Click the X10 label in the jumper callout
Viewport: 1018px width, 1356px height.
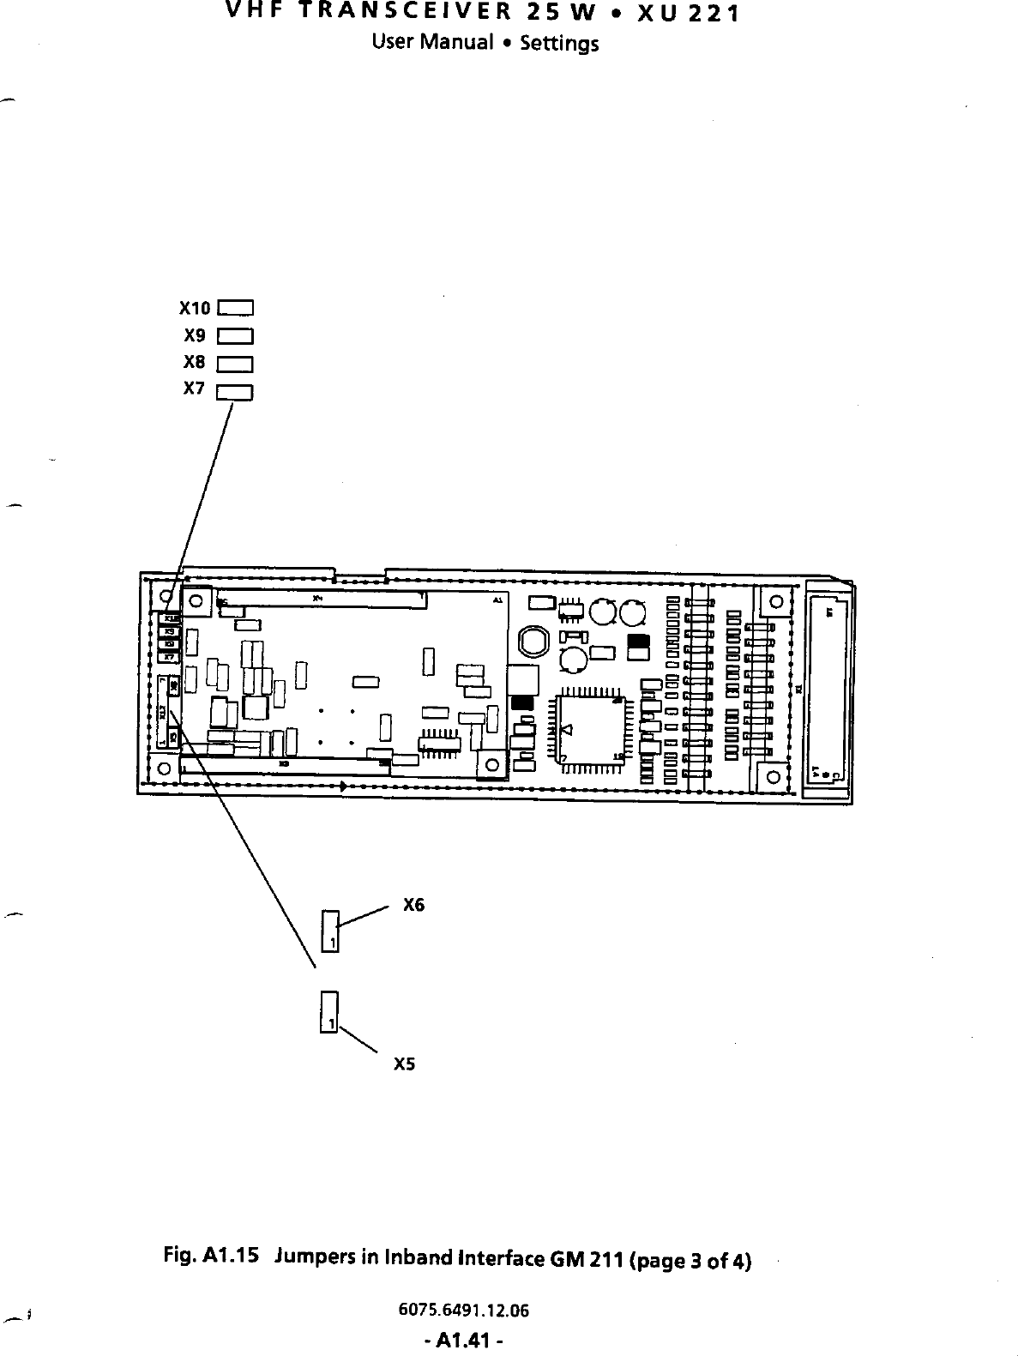coord(195,307)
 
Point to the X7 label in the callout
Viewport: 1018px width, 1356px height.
coord(195,389)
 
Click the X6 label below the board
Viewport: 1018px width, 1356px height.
coord(413,905)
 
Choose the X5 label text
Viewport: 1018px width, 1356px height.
coord(404,1064)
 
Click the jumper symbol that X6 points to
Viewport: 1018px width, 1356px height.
coord(331,931)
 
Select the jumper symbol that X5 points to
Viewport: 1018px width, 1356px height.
coord(329,1013)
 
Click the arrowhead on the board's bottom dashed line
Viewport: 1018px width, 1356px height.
coord(344,785)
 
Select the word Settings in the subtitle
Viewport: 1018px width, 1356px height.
coord(558,43)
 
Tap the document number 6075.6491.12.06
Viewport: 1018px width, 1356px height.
coord(464,1310)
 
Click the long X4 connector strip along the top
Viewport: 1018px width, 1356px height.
coord(322,599)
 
